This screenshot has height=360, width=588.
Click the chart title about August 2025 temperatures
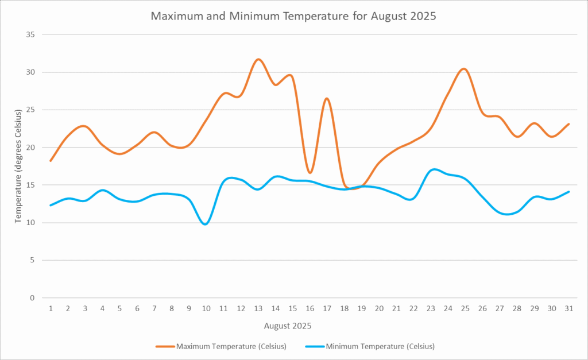click(293, 16)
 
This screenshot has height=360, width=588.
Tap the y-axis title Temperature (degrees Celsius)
click(18, 167)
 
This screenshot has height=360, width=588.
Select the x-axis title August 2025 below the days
click(288, 326)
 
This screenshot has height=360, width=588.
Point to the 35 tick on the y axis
click(30, 34)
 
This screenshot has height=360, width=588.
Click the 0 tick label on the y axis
click(33, 298)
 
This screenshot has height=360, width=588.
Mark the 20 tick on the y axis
click(30, 148)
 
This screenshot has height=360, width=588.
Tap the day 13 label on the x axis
click(258, 308)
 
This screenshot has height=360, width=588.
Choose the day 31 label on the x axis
click(568, 308)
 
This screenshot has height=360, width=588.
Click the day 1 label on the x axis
click(51, 308)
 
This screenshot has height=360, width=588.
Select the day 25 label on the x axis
click(465, 308)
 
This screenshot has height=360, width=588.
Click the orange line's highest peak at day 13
click(258, 59)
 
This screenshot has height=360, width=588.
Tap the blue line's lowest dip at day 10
click(206, 224)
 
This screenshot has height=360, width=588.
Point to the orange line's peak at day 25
click(465, 69)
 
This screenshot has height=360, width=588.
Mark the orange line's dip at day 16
click(310, 173)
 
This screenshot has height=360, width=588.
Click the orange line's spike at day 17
click(327, 98)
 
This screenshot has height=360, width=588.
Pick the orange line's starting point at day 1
click(51, 161)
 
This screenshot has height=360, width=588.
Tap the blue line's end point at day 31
click(568, 192)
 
